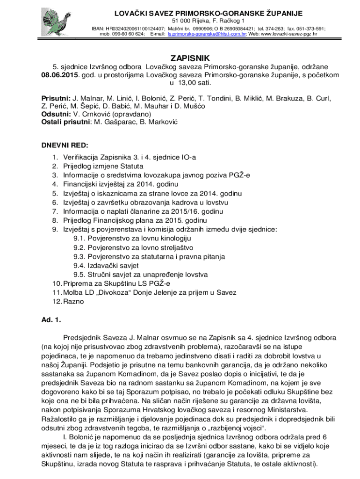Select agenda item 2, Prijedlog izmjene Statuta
click(x=103, y=166)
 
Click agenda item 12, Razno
click(x=73, y=302)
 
